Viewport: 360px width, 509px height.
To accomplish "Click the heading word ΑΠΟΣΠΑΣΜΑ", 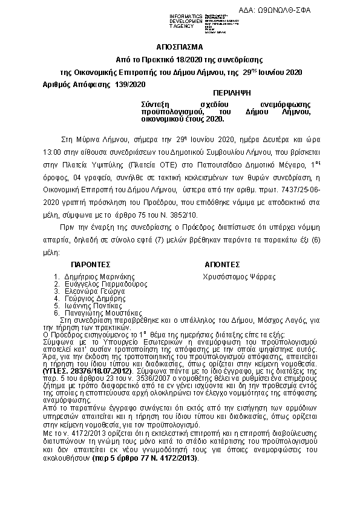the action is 180,47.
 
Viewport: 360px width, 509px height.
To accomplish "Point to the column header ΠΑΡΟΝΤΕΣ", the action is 90,265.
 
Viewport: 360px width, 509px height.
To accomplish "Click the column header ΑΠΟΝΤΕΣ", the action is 223,265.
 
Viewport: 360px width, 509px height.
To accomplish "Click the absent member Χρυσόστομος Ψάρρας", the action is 239,276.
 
